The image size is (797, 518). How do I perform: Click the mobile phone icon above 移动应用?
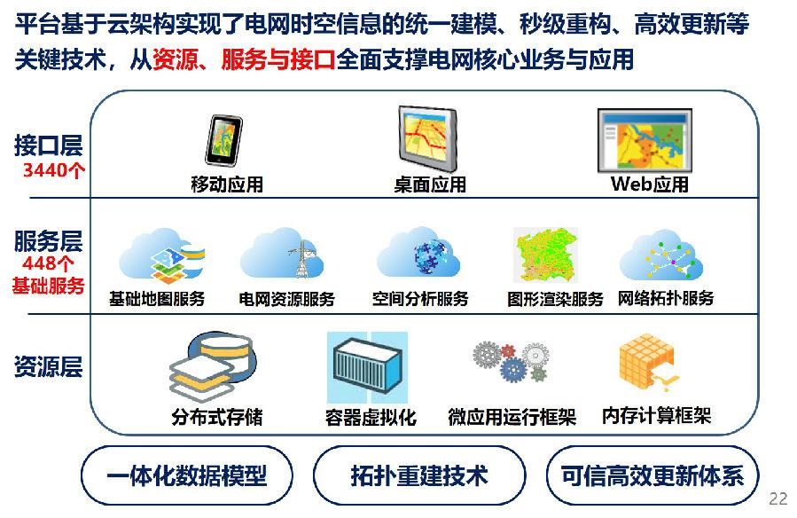pos(223,140)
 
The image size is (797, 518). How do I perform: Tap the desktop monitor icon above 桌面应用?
pos(428,139)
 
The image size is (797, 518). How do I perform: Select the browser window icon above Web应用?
pos(645,141)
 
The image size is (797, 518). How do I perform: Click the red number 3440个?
pos(54,169)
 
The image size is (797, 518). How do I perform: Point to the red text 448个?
pos(48,263)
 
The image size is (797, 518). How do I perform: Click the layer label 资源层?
pos(48,366)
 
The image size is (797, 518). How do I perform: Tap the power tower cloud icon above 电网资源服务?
pos(282,253)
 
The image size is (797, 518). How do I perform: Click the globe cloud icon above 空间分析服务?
pos(418,252)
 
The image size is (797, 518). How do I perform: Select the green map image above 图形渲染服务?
pos(546,255)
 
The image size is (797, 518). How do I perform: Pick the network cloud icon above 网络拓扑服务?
pos(660,255)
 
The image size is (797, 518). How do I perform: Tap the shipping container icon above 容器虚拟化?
pos(367,367)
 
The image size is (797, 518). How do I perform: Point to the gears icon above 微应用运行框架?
pos(511,361)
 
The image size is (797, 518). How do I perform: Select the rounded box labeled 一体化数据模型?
pos(187,475)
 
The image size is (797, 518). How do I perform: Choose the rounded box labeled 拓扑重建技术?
pos(419,475)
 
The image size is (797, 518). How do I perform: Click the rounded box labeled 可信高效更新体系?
pos(652,475)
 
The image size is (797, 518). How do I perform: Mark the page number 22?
pos(778,498)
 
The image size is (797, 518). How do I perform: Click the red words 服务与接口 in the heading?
pos(278,59)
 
